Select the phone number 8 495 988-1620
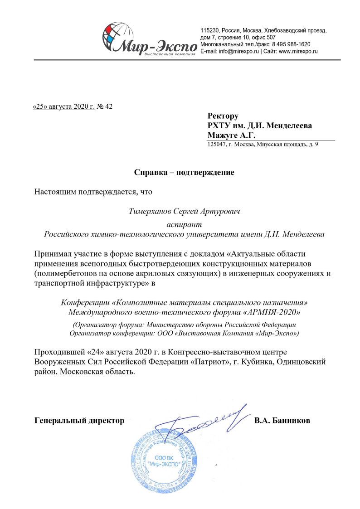[x=290, y=44]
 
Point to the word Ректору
[x=223, y=116]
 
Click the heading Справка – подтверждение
[x=184, y=173]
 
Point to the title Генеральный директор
[x=79, y=421]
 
